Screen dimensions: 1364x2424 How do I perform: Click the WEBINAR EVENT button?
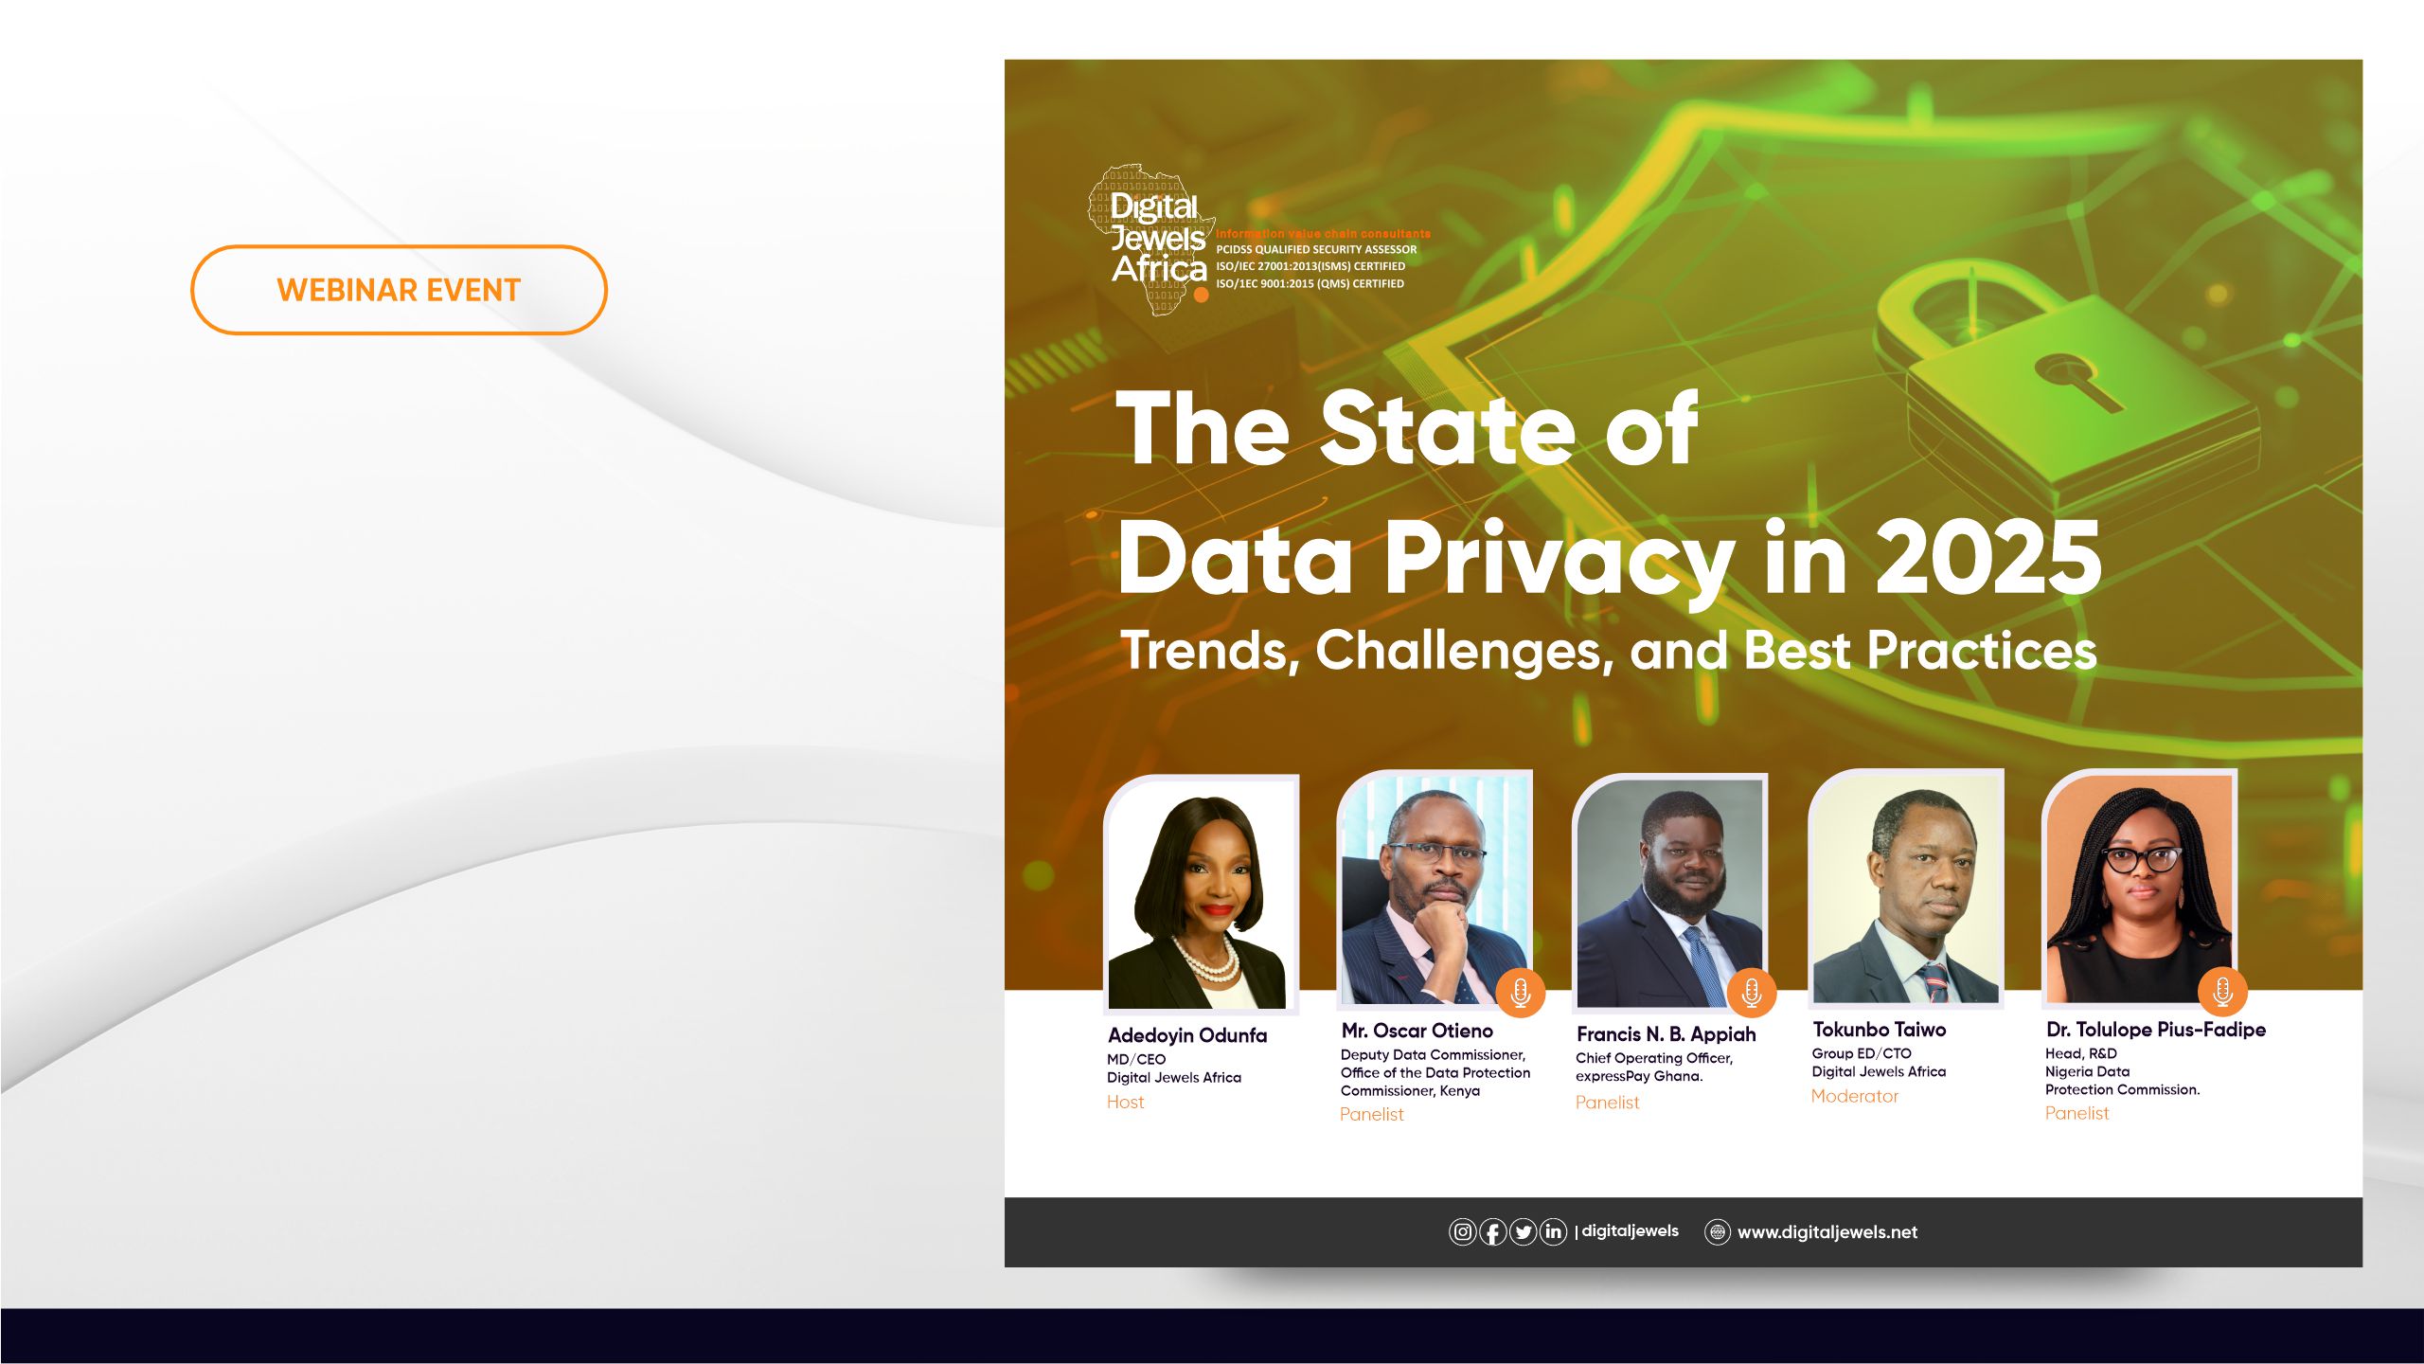point(399,290)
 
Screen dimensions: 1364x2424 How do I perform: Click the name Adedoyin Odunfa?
point(1187,1035)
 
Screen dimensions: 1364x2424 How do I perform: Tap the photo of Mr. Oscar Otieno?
point(1435,890)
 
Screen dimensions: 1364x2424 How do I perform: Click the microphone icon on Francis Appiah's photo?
point(1751,993)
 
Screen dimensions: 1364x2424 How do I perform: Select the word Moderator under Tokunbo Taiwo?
point(1854,1096)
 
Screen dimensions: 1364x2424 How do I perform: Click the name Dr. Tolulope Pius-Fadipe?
point(2155,1030)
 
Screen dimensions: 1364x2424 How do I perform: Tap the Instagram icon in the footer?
point(1462,1232)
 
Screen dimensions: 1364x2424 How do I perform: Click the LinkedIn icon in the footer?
point(1553,1232)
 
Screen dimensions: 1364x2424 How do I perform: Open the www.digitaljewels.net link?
point(1827,1232)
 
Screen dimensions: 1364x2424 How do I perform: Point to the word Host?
point(1125,1102)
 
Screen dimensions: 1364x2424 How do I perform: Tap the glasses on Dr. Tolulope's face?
point(2142,860)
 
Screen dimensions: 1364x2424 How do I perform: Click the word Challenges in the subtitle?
point(1463,652)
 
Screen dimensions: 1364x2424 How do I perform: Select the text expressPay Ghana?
point(1638,1076)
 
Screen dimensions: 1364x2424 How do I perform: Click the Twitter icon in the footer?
point(1523,1232)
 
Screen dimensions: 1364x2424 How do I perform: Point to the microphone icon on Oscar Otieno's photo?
point(1520,993)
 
